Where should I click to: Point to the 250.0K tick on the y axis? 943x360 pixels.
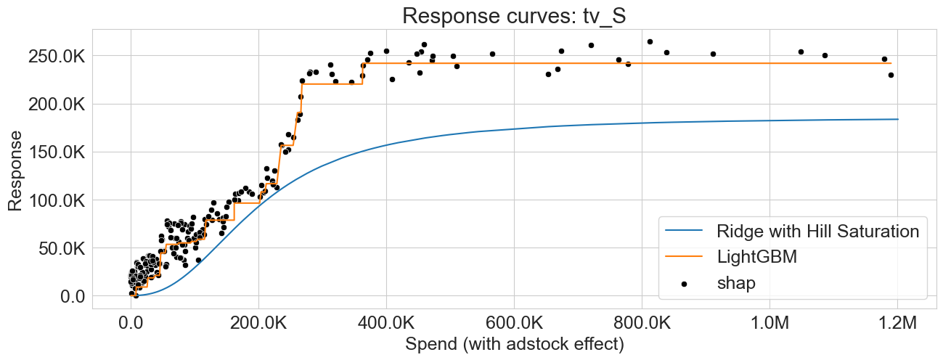coord(57,56)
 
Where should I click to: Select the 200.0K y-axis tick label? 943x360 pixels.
coord(57,104)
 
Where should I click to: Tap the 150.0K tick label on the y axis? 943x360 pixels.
coord(57,152)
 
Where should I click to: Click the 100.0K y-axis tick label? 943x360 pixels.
coord(57,200)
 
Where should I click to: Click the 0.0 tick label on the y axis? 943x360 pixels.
coord(73,296)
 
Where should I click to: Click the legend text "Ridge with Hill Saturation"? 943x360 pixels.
coord(818,232)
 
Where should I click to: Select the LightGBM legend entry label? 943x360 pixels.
coord(757,257)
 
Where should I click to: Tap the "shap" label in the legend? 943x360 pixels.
coord(736,283)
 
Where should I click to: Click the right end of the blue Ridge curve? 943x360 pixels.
coord(897,119)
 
